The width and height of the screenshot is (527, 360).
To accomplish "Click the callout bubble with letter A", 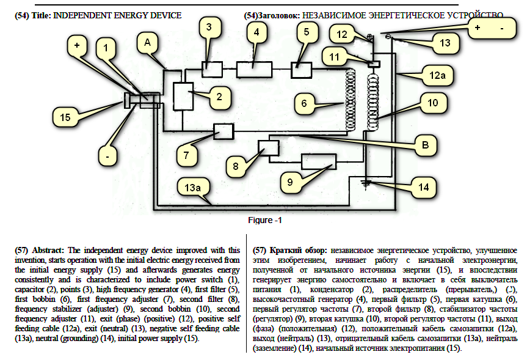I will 147,42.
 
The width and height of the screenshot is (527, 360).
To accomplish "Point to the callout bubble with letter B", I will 426,145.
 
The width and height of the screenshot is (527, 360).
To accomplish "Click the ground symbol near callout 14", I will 366,182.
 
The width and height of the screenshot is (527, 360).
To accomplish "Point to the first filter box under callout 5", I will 302,70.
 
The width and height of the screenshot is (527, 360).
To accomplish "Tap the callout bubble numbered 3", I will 209,27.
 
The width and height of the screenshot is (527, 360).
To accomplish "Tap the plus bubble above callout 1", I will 77,46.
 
